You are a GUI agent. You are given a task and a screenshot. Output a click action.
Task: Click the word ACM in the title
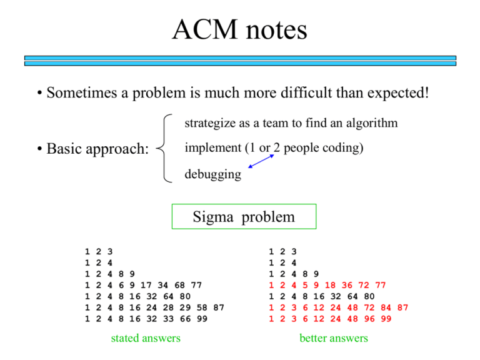click(x=205, y=29)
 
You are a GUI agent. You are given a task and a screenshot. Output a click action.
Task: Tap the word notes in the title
click(x=276, y=31)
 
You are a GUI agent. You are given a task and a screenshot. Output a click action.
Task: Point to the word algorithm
click(x=372, y=123)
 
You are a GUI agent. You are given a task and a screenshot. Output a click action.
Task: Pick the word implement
click(x=213, y=148)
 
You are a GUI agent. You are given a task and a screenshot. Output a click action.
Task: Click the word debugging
click(x=213, y=174)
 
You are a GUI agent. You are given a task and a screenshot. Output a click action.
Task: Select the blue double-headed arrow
click(x=261, y=161)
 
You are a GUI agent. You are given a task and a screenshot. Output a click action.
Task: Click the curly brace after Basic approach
click(x=164, y=148)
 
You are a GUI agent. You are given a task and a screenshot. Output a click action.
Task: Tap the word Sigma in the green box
click(x=213, y=217)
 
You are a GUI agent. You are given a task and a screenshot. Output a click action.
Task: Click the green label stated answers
click(x=146, y=338)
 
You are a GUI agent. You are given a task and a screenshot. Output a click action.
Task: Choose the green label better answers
click(x=334, y=338)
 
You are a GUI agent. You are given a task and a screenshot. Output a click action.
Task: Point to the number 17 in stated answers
click(x=146, y=285)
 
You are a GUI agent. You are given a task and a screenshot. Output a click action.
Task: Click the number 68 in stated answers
click(x=180, y=285)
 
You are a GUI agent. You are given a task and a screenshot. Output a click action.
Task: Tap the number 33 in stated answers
click(x=168, y=319)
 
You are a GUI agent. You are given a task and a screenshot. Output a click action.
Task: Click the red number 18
click(x=330, y=285)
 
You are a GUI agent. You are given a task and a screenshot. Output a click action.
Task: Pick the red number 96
click(x=369, y=319)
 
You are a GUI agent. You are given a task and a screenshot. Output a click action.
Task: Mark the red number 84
click(x=386, y=307)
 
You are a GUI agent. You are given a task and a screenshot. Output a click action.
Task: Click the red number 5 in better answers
click(x=305, y=285)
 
